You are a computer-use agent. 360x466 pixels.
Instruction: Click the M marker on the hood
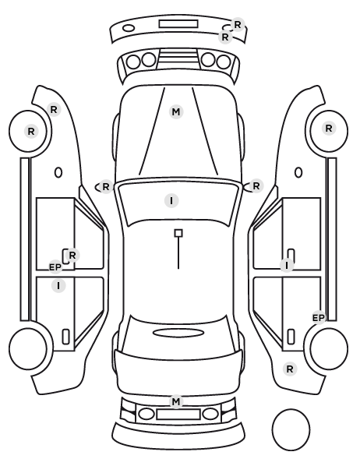[x=176, y=112]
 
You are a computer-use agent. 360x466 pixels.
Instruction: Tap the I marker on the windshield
[x=171, y=200]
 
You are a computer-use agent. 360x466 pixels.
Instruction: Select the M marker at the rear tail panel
[x=176, y=401]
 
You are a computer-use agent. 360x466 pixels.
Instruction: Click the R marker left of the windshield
[x=106, y=187]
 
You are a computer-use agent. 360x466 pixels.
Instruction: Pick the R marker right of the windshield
[x=256, y=186]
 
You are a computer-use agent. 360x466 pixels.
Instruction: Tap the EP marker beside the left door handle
[x=55, y=267]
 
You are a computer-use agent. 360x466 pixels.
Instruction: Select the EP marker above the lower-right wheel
[x=319, y=318]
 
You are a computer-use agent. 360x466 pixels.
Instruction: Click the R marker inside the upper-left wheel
[x=31, y=132]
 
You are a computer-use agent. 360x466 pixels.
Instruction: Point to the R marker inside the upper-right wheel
[x=329, y=129]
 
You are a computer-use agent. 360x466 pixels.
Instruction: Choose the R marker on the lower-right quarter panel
[x=290, y=369]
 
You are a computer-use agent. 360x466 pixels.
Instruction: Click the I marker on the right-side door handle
[x=287, y=265]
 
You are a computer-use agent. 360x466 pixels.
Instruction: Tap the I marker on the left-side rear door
[x=58, y=286]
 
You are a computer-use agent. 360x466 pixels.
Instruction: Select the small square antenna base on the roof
[x=178, y=233]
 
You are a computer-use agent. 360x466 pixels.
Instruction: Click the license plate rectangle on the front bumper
[x=178, y=24]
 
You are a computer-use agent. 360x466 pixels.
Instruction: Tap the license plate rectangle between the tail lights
[x=178, y=415]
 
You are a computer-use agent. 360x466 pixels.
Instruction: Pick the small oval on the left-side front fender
[x=58, y=172]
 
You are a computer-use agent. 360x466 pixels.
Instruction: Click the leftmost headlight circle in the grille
[x=133, y=62]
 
